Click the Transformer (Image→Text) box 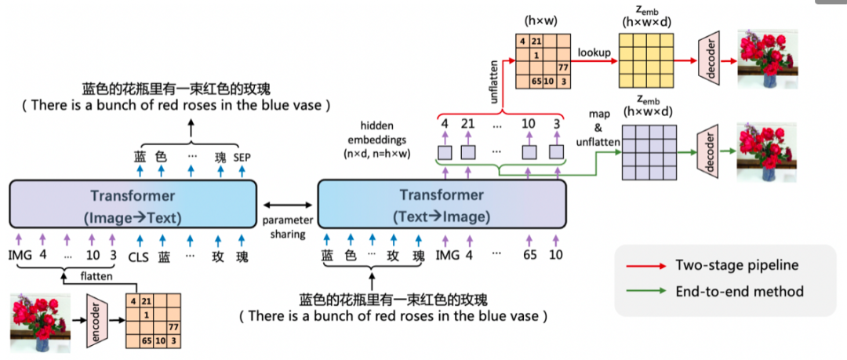point(133,203)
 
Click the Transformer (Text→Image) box point(441,203)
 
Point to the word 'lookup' point(594,53)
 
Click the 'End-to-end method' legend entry point(740,291)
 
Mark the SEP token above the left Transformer point(242,157)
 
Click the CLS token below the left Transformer point(138,255)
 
